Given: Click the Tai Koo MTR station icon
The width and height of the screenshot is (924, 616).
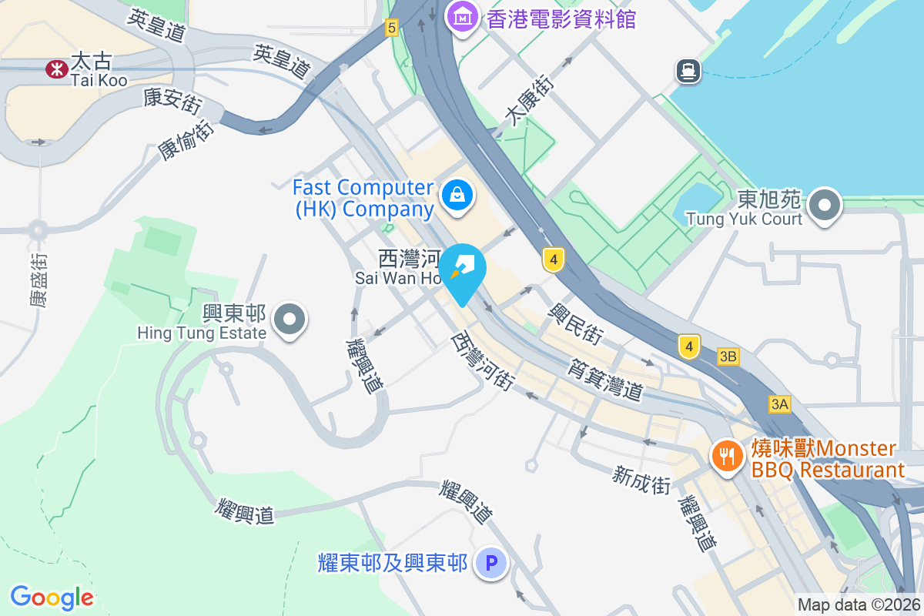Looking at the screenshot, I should pyautogui.click(x=56, y=69).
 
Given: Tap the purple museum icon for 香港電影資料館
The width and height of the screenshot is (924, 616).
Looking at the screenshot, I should pyautogui.click(x=463, y=16).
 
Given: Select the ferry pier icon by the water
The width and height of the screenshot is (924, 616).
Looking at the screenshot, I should pyautogui.click(x=688, y=72).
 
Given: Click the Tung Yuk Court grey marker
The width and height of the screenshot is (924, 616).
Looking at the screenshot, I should pyautogui.click(x=825, y=205).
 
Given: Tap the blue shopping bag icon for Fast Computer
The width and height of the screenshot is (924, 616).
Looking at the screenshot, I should pyautogui.click(x=457, y=196).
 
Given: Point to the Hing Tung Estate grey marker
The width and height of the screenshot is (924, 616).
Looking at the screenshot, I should pyautogui.click(x=290, y=319).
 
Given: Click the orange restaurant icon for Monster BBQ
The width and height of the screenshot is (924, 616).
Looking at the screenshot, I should pyautogui.click(x=725, y=456).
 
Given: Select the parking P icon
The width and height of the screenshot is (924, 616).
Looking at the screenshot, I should pyautogui.click(x=490, y=563).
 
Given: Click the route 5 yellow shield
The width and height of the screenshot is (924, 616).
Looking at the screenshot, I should pyautogui.click(x=392, y=28).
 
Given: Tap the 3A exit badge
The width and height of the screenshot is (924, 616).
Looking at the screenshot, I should pyautogui.click(x=779, y=403).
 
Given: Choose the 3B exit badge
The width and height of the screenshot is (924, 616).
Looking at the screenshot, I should pyautogui.click(x=728, y=356).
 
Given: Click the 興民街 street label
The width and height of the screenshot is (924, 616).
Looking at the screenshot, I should pyautogui.click(x=575, y=323).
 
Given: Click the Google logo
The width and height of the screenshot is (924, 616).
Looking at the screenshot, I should pyautogui.click(x=52, y=598).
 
